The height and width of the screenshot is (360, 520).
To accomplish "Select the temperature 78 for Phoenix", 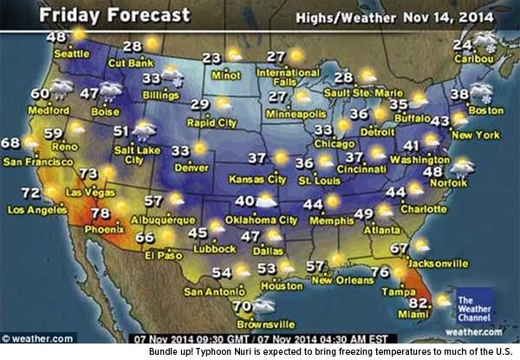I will pos(101,213).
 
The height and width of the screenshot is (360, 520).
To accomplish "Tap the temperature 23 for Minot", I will pos(211,58).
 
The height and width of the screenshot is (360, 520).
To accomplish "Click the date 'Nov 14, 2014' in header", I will pos(458,16).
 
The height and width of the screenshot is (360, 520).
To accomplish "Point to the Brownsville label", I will pos(237,324).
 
